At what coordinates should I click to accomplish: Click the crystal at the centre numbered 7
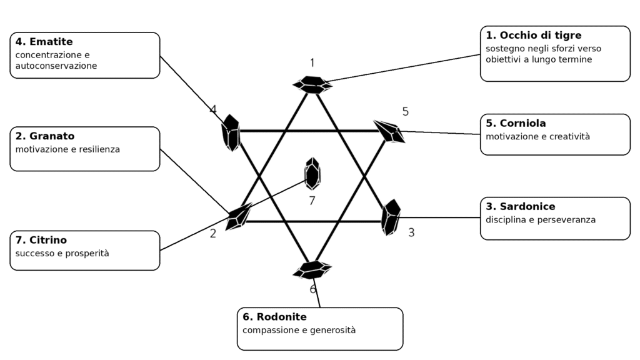point(312,174)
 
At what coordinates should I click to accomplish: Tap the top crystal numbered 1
point(312,84)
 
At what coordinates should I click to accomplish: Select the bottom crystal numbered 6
point(312,270)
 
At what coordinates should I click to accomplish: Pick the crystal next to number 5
point(389,131)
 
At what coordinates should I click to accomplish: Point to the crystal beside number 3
point(391,217)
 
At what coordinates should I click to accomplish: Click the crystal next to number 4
point(231,132)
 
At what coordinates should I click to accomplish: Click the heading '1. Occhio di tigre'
point(534,36)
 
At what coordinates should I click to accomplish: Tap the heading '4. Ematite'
point(44,42)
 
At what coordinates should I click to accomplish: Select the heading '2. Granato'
point(45,136)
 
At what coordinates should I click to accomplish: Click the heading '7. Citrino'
point(41,240)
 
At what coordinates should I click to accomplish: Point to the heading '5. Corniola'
point(516,123)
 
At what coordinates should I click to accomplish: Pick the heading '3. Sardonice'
point(521,206)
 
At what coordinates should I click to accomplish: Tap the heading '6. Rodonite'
point(275,317)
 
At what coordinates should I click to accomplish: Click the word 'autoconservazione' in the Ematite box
point(56,66)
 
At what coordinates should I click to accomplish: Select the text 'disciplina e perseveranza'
point(541,220)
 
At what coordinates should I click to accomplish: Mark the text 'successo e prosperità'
point(62,254)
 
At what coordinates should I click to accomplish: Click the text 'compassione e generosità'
point(299,330)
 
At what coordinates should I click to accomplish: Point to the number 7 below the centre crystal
point(312,201)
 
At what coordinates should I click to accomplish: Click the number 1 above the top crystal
point(312,63)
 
